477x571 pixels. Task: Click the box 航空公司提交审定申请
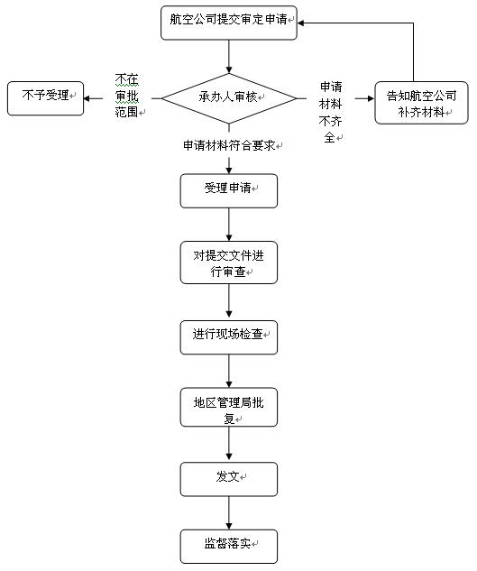tap(229, 23)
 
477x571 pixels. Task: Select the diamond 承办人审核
tap(229, 98)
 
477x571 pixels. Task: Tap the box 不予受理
tap(45, 98)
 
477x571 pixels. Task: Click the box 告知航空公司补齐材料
tap(421, 103)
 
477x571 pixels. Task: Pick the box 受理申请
tap(229, 191)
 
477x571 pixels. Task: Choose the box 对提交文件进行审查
tap(229, 262)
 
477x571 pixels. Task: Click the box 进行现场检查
tap(229, 337)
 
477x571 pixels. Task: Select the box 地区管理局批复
tap(229, 407)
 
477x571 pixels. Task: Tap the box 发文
tap(229, 479)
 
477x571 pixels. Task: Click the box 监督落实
tap(229, 547)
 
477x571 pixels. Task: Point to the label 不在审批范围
tap(127, 96)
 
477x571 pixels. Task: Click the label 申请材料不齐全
tap(330, 112)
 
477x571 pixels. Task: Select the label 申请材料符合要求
tap(229, 145)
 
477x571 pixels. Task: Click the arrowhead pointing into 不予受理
tap(87, 98)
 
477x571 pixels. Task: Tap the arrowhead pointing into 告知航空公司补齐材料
tap(372, 98)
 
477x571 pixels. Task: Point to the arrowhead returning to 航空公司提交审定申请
tap(300, 23)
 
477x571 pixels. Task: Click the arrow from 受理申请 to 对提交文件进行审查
tap(229, 225)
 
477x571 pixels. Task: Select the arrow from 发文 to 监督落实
tap(229, 512)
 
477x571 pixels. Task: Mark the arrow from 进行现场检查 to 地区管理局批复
tap(229, 371)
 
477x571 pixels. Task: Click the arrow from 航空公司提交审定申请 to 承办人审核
tap(229, 57)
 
